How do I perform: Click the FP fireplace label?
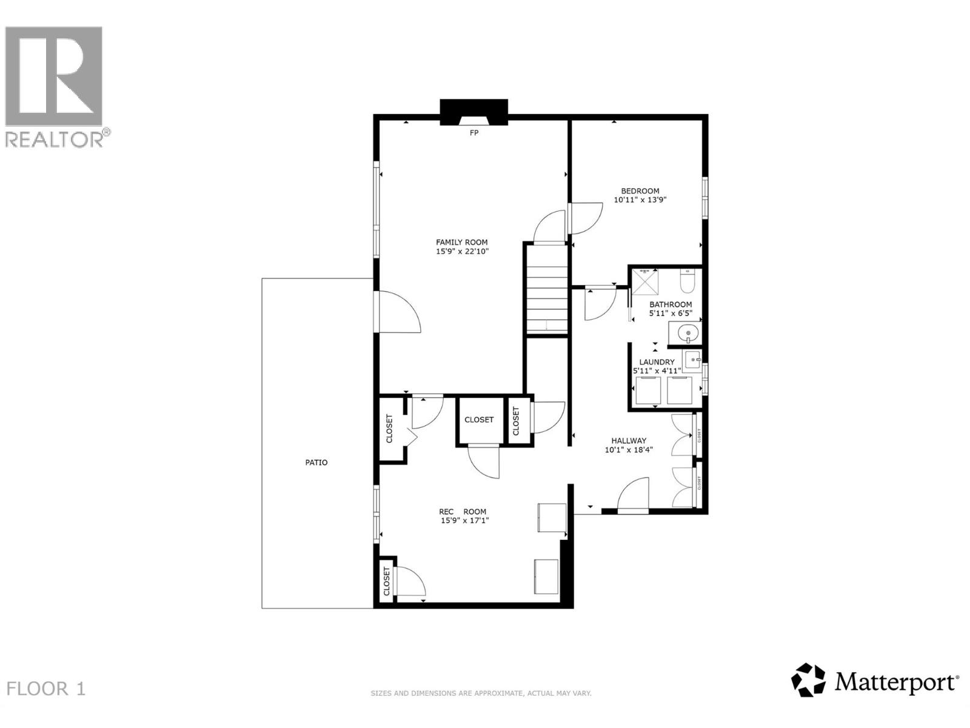click(474, 132)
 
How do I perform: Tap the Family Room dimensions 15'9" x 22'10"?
click(462, 251)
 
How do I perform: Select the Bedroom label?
click(640, 190)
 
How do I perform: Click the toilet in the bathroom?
click(688, 281)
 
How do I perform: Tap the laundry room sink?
click(692, 357)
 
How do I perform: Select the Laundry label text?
click(657, 362)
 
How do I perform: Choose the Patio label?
click(316, 462)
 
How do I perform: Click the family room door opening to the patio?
click(397, 311)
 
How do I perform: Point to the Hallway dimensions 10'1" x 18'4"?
click(628, 450)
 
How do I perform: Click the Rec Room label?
click(463, 511)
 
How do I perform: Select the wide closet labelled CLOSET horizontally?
click(479, 420)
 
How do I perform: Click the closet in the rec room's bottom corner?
click(386, 581)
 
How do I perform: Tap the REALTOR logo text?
click(57, 139)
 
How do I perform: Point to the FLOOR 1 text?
click(46, 689)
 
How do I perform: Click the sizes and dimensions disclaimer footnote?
click(481, 693)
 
